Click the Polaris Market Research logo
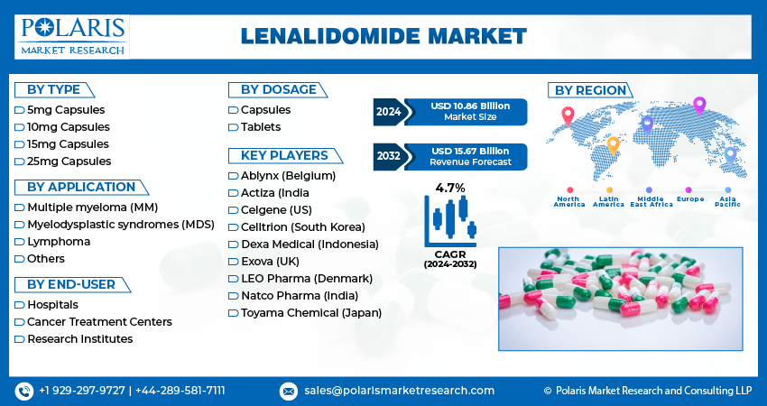click(x=72, y=37)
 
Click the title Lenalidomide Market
click(x=383, y=36)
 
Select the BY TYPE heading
click(x=53, y=90)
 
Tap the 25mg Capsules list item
click(x=69, y=161)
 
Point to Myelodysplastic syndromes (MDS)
click(x=121, y=225)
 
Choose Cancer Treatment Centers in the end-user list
click(x=99, y=322)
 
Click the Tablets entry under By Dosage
click(x=260, y=127)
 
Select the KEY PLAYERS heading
click(x=284, y=155)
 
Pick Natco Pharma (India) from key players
click(x=300, y=296)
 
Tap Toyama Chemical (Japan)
click(x=311, y=313)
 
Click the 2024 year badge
click(x=389, y=112)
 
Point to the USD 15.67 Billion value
click(x=470, y=152)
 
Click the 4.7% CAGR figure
click(x=450, y=188)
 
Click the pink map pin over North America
click(x=568, y=116)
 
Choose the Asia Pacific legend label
click(x=727, y=201)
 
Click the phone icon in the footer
click(x=24, y=392)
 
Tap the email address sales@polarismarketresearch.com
click(x=399, y=391)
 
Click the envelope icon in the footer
click(x=288, y=392)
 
